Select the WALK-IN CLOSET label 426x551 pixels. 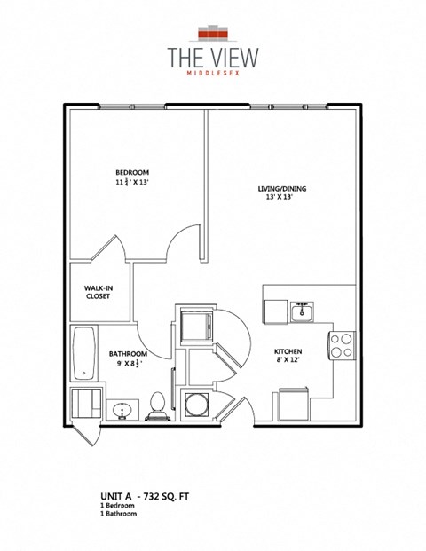[x=98, y=292]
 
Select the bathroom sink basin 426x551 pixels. [x=122, y=409]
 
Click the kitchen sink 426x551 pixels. [x=302, y=311]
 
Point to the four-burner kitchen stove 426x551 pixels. [x=342, y=344]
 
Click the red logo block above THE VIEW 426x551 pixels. [x=214, y=33]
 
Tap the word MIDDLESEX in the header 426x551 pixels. [x=214, y=75]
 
